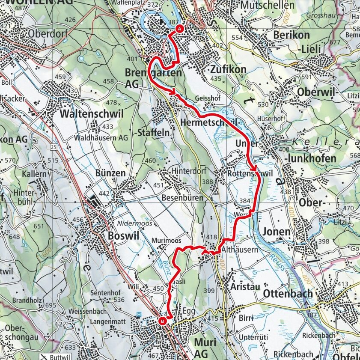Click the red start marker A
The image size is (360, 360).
point(179,28)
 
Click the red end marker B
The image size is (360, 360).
point(163,321)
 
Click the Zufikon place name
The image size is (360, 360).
point(228,69)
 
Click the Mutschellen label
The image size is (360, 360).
point(268,5)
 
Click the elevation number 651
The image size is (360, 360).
point(39,226)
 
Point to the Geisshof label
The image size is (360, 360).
point(204,98)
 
